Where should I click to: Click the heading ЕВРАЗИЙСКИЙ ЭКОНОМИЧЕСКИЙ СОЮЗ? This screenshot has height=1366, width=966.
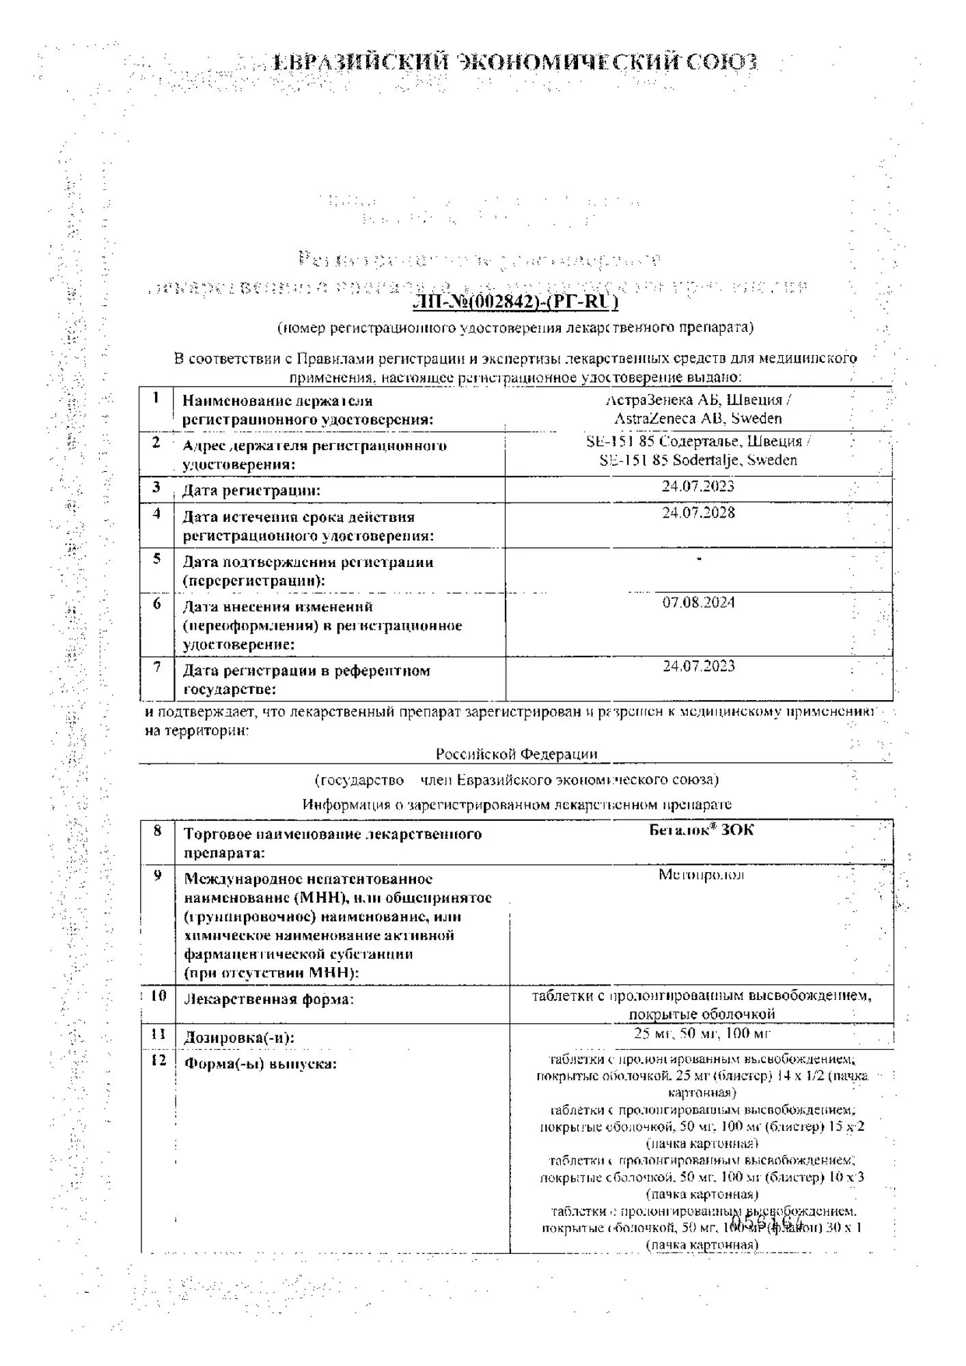[515, 62]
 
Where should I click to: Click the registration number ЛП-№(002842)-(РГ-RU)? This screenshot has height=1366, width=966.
[516, 302]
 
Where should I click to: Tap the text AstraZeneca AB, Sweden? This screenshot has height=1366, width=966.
[698, 419]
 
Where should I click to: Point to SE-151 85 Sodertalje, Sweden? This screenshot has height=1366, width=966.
[698, 460]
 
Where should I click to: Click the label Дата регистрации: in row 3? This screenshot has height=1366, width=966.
[251, 490]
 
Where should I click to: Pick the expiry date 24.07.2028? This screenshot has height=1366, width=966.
[698, 513]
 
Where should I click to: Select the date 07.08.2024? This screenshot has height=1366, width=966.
[698, 602]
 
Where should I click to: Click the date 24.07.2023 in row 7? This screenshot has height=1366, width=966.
[698, 666]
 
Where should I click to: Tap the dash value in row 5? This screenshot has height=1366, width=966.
[699, 559]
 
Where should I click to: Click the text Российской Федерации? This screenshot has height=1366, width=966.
[516, 754]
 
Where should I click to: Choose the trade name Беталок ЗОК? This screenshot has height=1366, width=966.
[701, 830]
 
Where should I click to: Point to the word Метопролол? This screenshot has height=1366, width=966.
[701, 875]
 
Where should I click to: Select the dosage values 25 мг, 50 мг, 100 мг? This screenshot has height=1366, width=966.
[702, 1033]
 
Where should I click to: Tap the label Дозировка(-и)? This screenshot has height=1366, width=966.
[239, 1038]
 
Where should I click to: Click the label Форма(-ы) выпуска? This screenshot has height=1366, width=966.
[260, 1064]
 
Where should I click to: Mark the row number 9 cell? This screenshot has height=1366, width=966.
[158, 876]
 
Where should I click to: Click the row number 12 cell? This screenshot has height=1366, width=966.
[158, 1061]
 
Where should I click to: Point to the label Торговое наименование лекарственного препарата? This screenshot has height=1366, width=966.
[333, 844]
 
